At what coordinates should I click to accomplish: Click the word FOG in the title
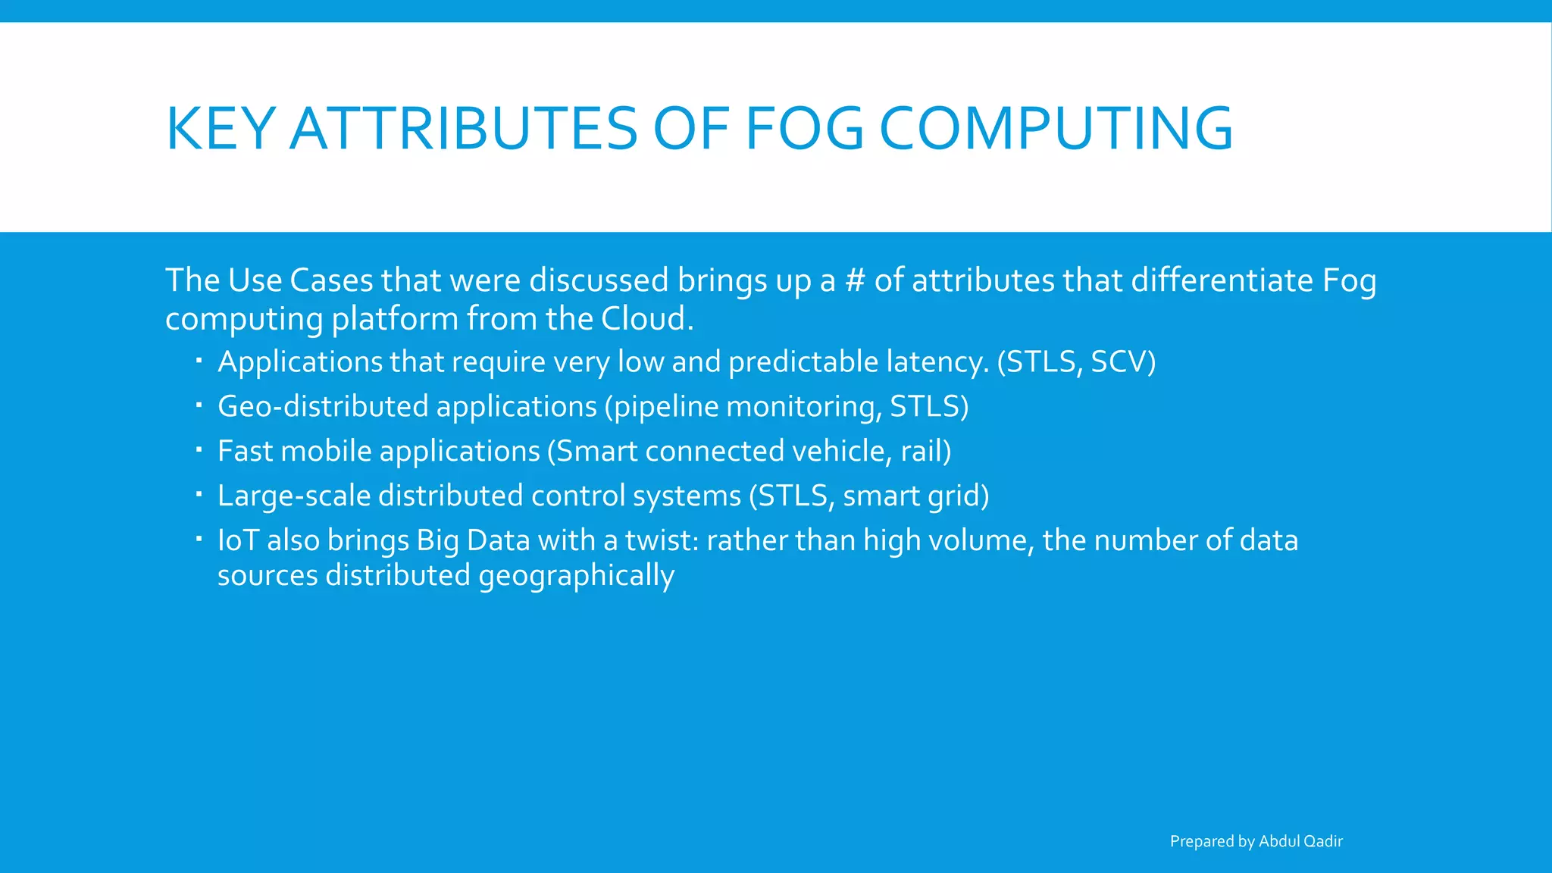tap(805, 129)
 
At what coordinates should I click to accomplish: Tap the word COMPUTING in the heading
tap(1056, 129)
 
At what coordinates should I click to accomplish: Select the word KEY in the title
tap(220, 129)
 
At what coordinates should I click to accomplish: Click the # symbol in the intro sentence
tap(855, 280)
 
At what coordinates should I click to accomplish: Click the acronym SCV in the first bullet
tap(1119, 362)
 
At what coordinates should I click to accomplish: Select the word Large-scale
tap(293, 496)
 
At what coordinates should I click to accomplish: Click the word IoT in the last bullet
tap(238, 541)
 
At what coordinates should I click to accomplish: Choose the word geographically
tap(576, 576)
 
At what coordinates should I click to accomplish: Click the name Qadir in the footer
tap(1323, 841)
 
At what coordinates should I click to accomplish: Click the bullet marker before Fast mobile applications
tap(199, 450)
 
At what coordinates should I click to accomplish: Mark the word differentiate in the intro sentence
tap(1222, 280)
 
